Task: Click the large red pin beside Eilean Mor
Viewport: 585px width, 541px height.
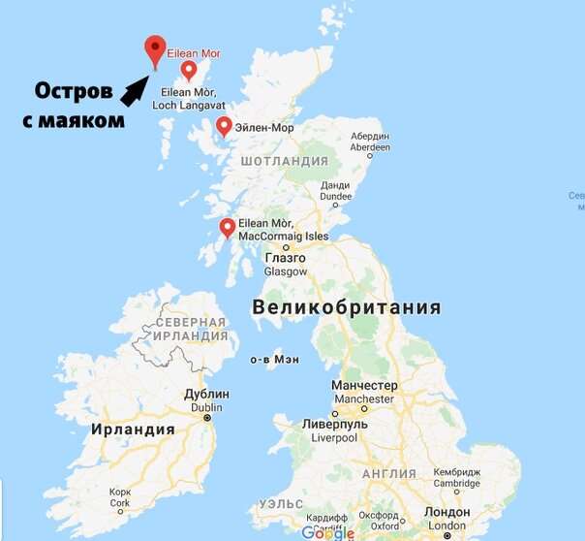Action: (153, 48)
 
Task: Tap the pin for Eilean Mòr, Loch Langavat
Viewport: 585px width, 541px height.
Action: (189, 70)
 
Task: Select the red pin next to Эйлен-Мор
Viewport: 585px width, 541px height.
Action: (224, 127)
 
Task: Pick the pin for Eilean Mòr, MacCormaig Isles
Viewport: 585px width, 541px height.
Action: (228, 228)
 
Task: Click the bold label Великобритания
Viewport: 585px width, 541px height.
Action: (346, 308)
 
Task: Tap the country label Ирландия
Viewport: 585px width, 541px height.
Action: (133, 429)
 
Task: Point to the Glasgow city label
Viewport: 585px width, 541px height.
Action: (285, 266)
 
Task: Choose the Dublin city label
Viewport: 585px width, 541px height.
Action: (206, 401)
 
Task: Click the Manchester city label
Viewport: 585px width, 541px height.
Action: (363, 393)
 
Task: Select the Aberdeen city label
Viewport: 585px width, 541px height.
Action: (370, 142)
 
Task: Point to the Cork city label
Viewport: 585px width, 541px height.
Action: (120, 497)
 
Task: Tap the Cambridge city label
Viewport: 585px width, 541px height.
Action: (456, 477)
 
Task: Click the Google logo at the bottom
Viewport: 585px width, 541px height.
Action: (326, 532)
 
